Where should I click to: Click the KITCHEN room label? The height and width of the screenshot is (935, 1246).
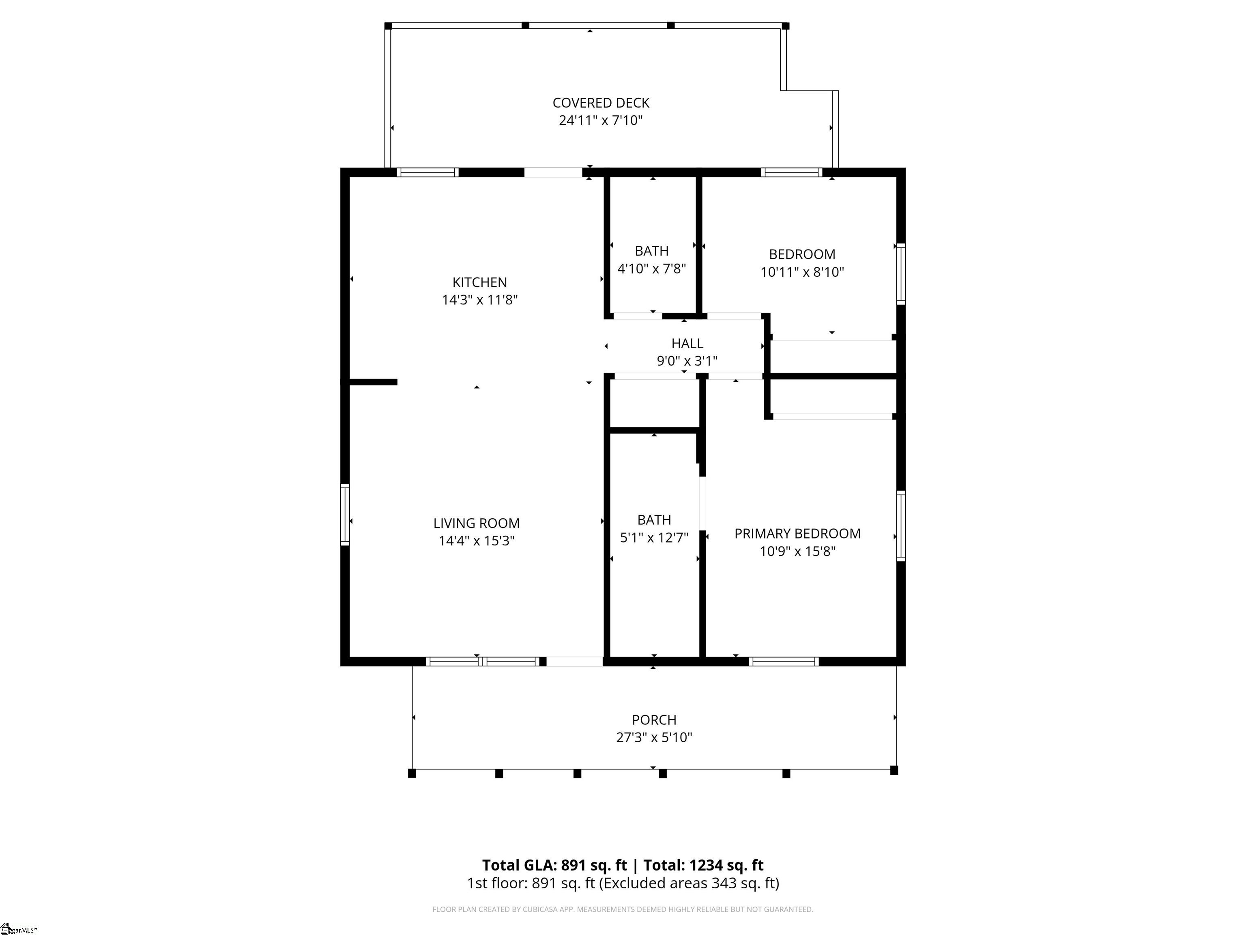479,282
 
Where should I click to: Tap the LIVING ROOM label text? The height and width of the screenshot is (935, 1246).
477,523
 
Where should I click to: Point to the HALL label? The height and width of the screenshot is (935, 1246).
687,343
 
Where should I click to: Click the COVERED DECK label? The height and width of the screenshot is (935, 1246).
601,103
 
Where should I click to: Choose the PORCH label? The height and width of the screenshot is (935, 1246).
654,720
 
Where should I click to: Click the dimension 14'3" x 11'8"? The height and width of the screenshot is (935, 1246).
479,300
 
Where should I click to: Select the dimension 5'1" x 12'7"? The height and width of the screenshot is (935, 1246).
654,538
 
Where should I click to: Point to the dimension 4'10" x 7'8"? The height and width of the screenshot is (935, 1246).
652,269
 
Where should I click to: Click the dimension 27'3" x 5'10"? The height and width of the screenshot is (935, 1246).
654,737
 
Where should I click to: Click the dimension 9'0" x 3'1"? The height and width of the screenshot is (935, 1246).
687,361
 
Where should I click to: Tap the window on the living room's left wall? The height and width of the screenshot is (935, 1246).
345,515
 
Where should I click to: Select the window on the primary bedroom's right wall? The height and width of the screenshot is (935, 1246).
901,526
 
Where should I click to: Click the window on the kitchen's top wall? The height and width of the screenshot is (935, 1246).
428,172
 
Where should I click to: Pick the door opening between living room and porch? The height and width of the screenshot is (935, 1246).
575,661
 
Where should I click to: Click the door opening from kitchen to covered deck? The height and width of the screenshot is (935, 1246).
553,172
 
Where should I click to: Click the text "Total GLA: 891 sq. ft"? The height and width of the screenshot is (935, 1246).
554,865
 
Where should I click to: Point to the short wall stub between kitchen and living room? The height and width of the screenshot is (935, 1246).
373,382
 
